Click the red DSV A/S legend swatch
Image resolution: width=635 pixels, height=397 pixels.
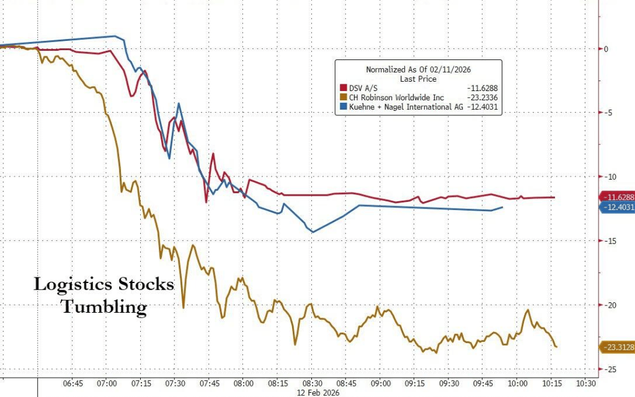click(342, 89)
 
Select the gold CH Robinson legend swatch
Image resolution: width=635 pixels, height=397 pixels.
click(342, 97)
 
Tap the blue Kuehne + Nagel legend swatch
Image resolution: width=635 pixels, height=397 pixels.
click(342, 107)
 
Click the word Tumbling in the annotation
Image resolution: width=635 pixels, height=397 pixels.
click(104, 307)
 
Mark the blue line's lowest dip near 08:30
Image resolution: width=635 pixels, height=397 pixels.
click(313, 232)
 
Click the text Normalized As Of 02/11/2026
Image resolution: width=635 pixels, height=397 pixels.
click(419, 69)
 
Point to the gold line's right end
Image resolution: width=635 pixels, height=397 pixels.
click(556, 347)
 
